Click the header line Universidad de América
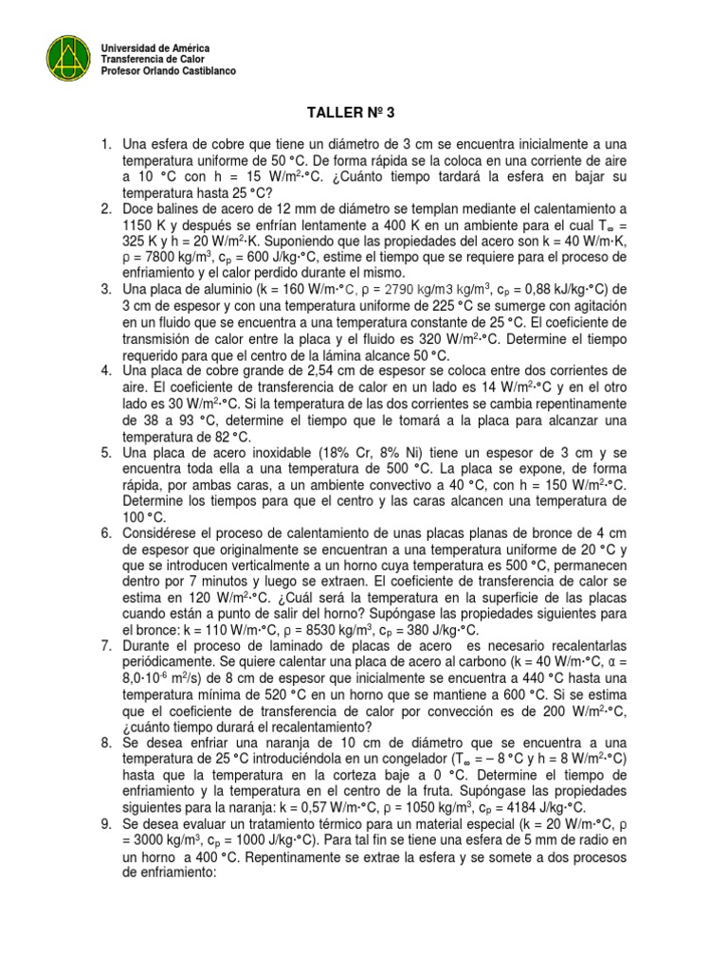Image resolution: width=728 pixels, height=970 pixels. (x=155, y=47)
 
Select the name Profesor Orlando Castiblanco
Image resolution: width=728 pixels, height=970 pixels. (x=169, y=71)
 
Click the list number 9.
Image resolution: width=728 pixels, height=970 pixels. (x=107, y=824)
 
